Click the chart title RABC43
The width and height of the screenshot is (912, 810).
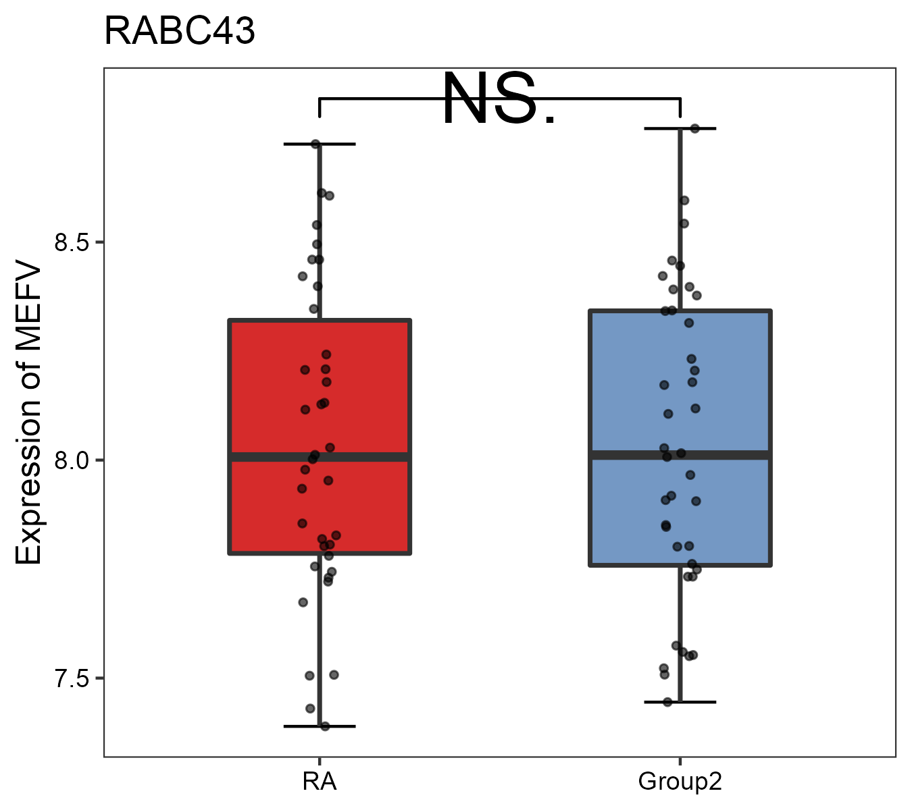(180, 31)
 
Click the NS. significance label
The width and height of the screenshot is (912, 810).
(499, 100)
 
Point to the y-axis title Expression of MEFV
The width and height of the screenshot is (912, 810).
(29, 413)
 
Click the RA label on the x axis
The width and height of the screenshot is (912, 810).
(320, 782)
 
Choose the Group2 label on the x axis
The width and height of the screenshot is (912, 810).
(680, 782)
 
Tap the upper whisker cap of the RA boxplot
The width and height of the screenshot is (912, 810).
(320, 144)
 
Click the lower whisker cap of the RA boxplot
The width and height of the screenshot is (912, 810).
(320, 726)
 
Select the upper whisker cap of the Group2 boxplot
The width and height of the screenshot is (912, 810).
(680, 128)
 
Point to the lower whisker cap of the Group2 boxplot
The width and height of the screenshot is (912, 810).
(680, 702)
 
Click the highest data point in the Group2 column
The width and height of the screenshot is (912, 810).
(694, 128)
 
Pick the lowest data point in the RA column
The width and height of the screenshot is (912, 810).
(325, 726)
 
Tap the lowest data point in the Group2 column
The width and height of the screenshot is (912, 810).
(667, 702)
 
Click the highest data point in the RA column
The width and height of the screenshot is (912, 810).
(315, 144)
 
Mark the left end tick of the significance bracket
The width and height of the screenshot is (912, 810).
(320, 107)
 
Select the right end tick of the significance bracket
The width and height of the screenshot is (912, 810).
(680, 107)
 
